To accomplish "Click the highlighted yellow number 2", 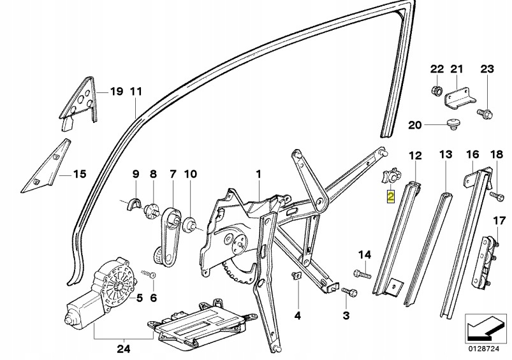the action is (x=391, y=197).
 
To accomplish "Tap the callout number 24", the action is (x=124, y=349).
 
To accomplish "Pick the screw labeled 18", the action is (x=495, y=197).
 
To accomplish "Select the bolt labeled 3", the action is (x=349, y=291).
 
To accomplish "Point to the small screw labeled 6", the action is (x=149, y=273).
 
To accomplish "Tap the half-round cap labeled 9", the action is (x=134, y=204).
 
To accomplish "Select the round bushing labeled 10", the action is (x=189, y=224).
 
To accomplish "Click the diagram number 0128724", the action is (x=485, y=349).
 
